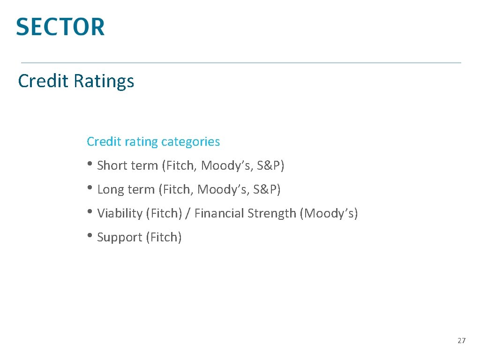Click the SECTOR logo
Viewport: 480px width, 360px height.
point(60,27)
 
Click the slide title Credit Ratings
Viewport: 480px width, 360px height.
point(76,81)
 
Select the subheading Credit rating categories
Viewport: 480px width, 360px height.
point(153,142)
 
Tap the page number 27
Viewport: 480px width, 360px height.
point(461,341)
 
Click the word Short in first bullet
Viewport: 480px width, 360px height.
point(111,165)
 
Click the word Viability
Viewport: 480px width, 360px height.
point(120,214)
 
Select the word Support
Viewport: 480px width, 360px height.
point(120,238)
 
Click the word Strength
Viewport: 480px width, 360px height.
point(271,214)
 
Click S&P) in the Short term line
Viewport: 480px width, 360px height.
point(270,165)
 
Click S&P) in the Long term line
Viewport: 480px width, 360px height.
point(267,189)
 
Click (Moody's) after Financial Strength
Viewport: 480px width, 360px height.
point(330,214)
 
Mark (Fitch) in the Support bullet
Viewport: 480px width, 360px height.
point(164,238)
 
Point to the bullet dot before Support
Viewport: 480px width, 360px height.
point(90,237)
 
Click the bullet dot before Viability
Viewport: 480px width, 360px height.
point(90,213)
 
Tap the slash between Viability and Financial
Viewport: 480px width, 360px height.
point(188,214)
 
